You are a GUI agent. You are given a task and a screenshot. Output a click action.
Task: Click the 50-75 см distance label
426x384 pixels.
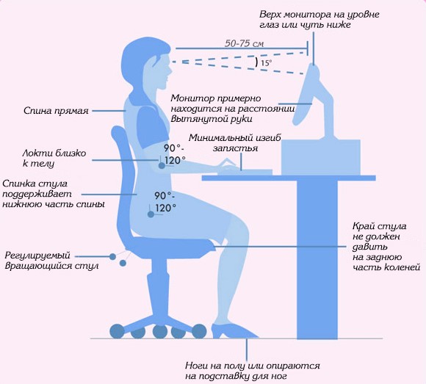(244, 44)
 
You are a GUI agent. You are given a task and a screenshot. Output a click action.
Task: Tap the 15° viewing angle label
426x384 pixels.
(266, 63)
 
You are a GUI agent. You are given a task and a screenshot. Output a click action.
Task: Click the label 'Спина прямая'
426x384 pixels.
(56, 111)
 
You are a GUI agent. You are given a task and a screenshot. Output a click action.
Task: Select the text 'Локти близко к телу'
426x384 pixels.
(54, 158)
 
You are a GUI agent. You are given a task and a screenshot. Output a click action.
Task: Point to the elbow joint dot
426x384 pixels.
(162, 165)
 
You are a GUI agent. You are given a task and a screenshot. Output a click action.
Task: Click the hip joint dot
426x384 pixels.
(151, 214)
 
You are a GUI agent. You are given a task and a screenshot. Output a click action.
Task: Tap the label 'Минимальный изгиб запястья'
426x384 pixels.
(235, 143)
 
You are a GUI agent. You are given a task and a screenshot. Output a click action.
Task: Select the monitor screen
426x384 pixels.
(306, 94)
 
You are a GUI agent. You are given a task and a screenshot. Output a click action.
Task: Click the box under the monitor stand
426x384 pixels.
(321, 158)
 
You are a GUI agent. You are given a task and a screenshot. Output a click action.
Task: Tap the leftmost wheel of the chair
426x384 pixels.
(117, 331)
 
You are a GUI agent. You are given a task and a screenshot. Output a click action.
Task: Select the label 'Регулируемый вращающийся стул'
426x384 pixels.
(51, 261)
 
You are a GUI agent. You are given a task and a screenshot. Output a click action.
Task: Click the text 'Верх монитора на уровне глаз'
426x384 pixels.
(319, 19)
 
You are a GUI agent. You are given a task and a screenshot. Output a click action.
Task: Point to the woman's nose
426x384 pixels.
(170, 71)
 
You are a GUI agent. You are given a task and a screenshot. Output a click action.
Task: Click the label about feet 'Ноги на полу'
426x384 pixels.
(253, 371)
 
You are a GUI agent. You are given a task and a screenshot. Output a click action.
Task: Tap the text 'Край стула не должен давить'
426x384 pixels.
(380, 236)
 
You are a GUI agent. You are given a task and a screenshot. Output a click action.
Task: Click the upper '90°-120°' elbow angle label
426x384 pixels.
(175, 154)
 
